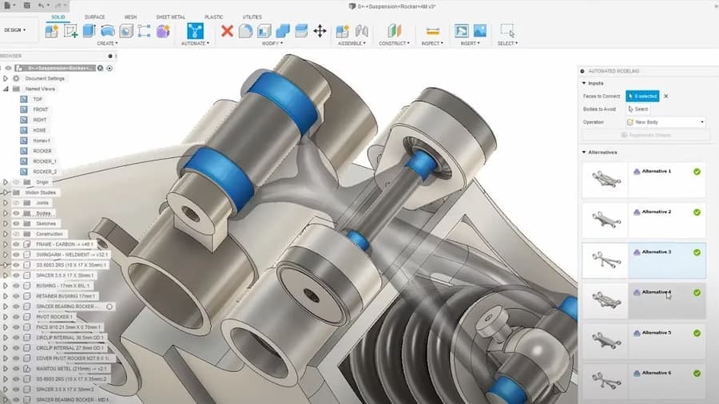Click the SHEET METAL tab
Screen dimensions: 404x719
tap(169, 17)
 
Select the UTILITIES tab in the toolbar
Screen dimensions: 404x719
tap(252, 17)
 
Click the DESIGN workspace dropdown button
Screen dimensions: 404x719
tap(15, 30)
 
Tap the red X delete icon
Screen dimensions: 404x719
tap(227, 31)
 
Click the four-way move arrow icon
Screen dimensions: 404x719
tap(320, 31)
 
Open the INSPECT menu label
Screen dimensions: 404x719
tap(432, 43)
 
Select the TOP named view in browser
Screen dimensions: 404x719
tap(38, 99)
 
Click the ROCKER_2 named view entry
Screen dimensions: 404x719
tap(45, 172)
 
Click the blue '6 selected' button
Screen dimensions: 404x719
tap(642, 96)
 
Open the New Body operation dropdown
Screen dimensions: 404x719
tap(665, 122)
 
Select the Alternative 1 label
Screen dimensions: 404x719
tap(657, 171)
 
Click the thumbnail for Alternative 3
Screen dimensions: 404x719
tap(605, 259)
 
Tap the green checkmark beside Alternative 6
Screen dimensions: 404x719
tap(697, 373)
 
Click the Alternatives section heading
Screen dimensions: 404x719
tap(603, 152)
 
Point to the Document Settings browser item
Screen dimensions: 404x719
tap(44, 78)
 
